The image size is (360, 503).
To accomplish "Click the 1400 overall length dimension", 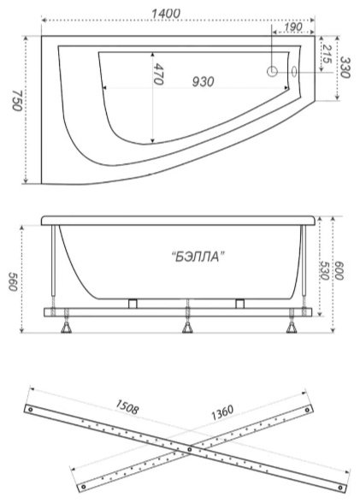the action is [165, 14].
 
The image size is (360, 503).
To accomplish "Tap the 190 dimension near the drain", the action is [293, 27].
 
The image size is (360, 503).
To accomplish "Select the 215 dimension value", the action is [327, 54].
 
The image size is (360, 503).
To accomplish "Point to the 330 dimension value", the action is [345, 67].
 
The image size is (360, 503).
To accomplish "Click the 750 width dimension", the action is [17, 100].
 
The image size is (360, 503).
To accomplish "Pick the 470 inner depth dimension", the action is [158, 74].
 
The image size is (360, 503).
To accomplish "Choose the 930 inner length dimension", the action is [203, 82].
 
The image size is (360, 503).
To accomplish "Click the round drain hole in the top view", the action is [272, 72].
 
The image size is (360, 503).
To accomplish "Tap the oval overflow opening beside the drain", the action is [294, 71].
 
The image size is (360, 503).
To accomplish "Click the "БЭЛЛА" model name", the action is [198, 257].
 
